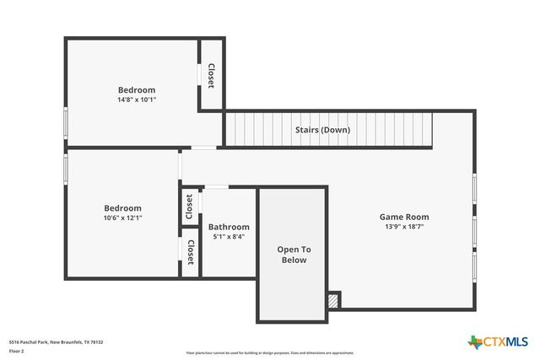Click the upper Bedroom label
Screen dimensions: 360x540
tap(137, 89)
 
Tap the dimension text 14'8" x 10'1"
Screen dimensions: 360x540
tap(137, 99)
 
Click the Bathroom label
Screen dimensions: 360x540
tap(229, 227)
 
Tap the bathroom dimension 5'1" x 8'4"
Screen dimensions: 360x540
tap(229, 237)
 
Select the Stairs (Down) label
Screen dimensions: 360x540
tap(322, 130)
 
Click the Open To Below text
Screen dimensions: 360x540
tap(294, 255)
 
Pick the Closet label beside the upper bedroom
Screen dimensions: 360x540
tap(211, 76)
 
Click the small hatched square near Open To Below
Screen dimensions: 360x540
tap(334, 299)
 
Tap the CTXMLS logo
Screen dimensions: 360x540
tap(498, 341)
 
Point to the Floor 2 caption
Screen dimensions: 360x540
tap(17, 350)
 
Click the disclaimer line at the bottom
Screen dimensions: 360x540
tap(269, 353)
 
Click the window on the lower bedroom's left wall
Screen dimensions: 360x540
tap(66, 165)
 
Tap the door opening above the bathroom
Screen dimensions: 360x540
tap(217, 186)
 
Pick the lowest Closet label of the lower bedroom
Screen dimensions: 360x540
tap(191, 251)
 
